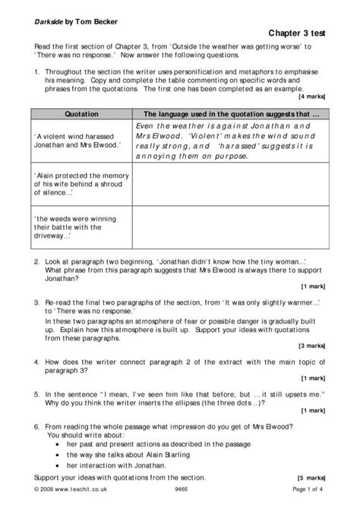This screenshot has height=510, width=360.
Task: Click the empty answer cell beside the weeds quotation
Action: tap(230, 226)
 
